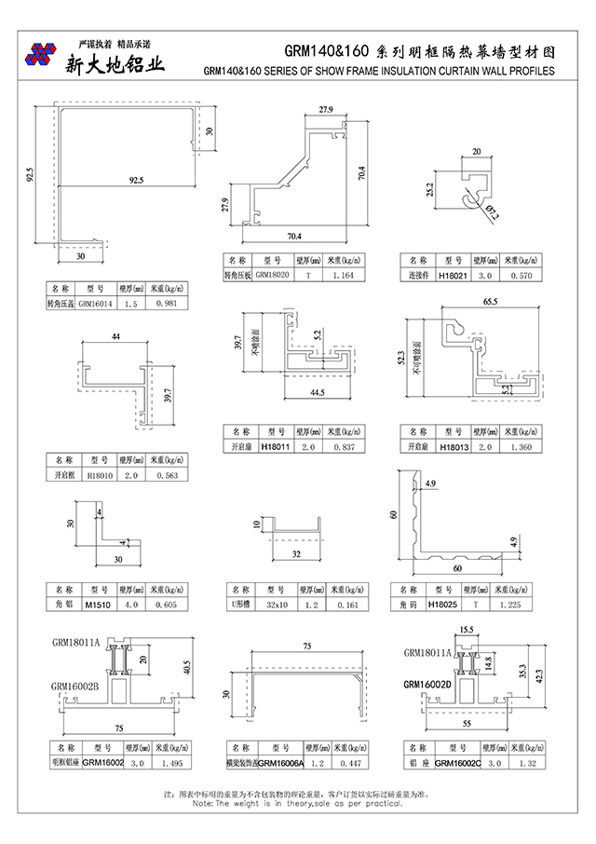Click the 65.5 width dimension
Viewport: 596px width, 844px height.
click(491, 302)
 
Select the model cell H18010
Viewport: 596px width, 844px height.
click(99, 474)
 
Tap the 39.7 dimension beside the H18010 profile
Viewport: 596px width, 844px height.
click(167, 397)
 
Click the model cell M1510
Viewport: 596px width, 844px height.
click(97, 604)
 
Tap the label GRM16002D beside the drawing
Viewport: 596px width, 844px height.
click(427, 685)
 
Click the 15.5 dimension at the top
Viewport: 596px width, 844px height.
click(467, 631)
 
